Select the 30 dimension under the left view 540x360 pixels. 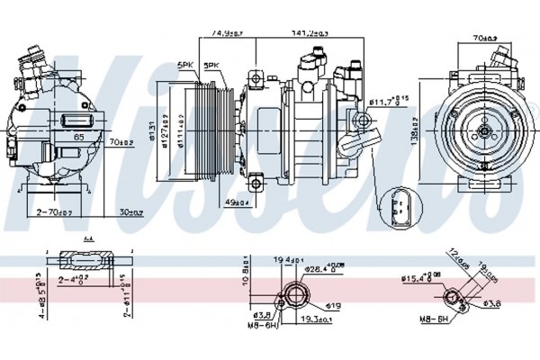pyautogui.click(x=130, y=212)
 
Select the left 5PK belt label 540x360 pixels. pyautogui.click(x=185, y=65)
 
